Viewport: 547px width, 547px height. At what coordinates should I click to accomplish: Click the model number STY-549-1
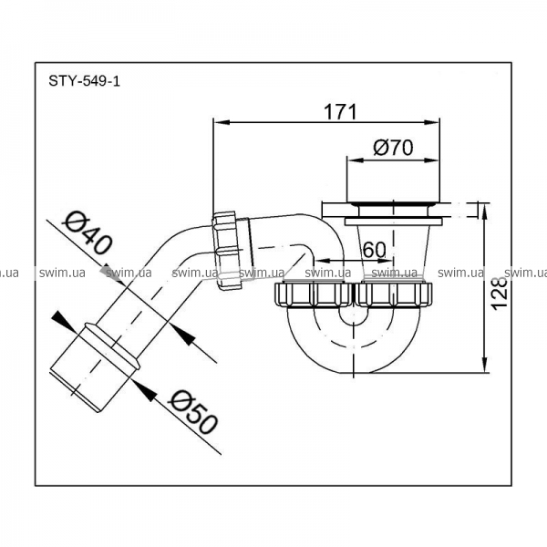[84, 81]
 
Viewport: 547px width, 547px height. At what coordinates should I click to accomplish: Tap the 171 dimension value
[340, 112]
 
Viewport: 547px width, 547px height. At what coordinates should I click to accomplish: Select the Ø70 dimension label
[393, 148]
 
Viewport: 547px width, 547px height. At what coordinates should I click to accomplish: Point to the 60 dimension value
[375, 250]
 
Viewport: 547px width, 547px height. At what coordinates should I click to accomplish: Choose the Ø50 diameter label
[193, 411]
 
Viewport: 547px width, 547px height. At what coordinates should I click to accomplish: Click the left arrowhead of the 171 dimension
[222, 122]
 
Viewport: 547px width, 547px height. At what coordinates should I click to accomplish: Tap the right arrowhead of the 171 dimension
[431, 122]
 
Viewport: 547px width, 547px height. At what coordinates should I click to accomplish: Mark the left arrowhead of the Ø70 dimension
[356, 160]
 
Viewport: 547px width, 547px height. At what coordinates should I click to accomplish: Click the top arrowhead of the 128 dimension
[485, 212]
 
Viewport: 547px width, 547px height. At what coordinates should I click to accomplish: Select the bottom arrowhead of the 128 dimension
[485, 365]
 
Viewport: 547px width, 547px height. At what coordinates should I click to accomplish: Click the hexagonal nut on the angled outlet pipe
[227, 251]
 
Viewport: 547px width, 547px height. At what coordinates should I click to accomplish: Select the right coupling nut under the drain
[393, 294]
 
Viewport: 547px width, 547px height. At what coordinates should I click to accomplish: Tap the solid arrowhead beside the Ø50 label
[144, 391]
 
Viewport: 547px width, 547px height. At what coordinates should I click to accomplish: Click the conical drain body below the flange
[394, 251]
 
